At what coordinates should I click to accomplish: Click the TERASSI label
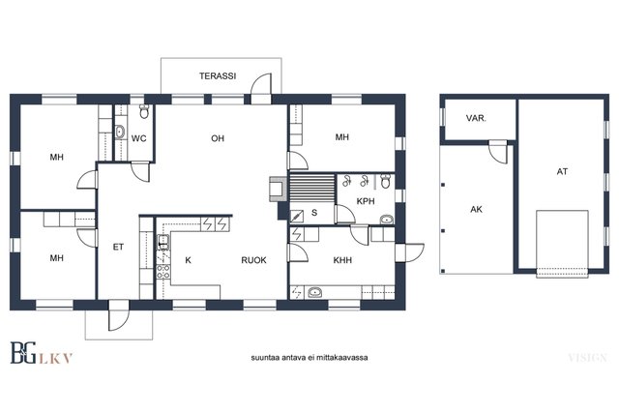click(218, 75)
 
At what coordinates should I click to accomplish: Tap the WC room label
click(138, 138)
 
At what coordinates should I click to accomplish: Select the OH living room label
click(218, 138)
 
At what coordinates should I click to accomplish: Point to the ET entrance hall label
click(118, 247)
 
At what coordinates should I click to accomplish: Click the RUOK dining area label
click(253, 260)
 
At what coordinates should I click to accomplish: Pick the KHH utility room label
click(342, 260)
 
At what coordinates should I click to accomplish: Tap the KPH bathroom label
click(366, 201)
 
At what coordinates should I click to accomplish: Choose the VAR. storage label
click(476, 118)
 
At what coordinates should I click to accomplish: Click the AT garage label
click(562, 171)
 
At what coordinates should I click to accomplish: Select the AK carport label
click(477, 209)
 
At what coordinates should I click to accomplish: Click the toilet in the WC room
click(144, 111)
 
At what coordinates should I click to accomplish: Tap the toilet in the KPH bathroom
click(386, 181)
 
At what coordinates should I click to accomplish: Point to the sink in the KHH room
click(314, 292)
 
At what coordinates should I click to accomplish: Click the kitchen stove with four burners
click(163, 271)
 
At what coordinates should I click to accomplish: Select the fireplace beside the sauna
click(279, 189)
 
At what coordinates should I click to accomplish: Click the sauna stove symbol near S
click(297, 216)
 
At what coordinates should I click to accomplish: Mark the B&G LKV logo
click(41, 352)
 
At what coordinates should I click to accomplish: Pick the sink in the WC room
click(120, 132)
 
